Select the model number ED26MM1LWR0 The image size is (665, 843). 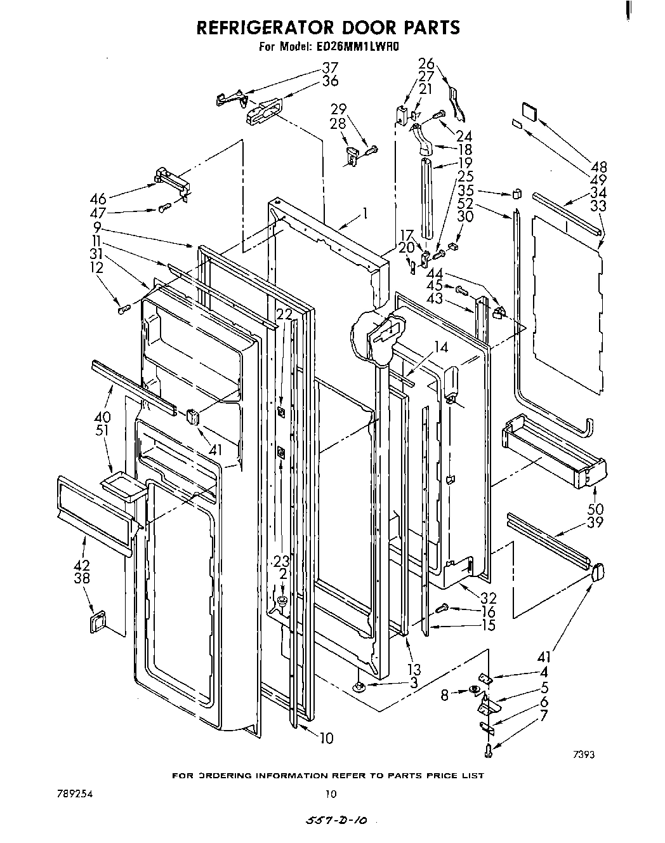point(355,46)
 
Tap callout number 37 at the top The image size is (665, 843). point(330,68)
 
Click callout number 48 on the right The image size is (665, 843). point(598,167)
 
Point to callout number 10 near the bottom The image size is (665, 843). point(326,738)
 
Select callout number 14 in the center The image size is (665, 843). point(442,347)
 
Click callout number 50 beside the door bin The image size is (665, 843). point(595,509)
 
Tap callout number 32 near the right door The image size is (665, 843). point(489,598)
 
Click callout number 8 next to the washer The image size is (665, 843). point(445,695)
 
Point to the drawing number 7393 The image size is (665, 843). point(583,755)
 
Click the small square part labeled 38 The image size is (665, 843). point(96,622)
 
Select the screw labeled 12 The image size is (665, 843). point(124,309)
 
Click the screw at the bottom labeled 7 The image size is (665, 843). point(489,751)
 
